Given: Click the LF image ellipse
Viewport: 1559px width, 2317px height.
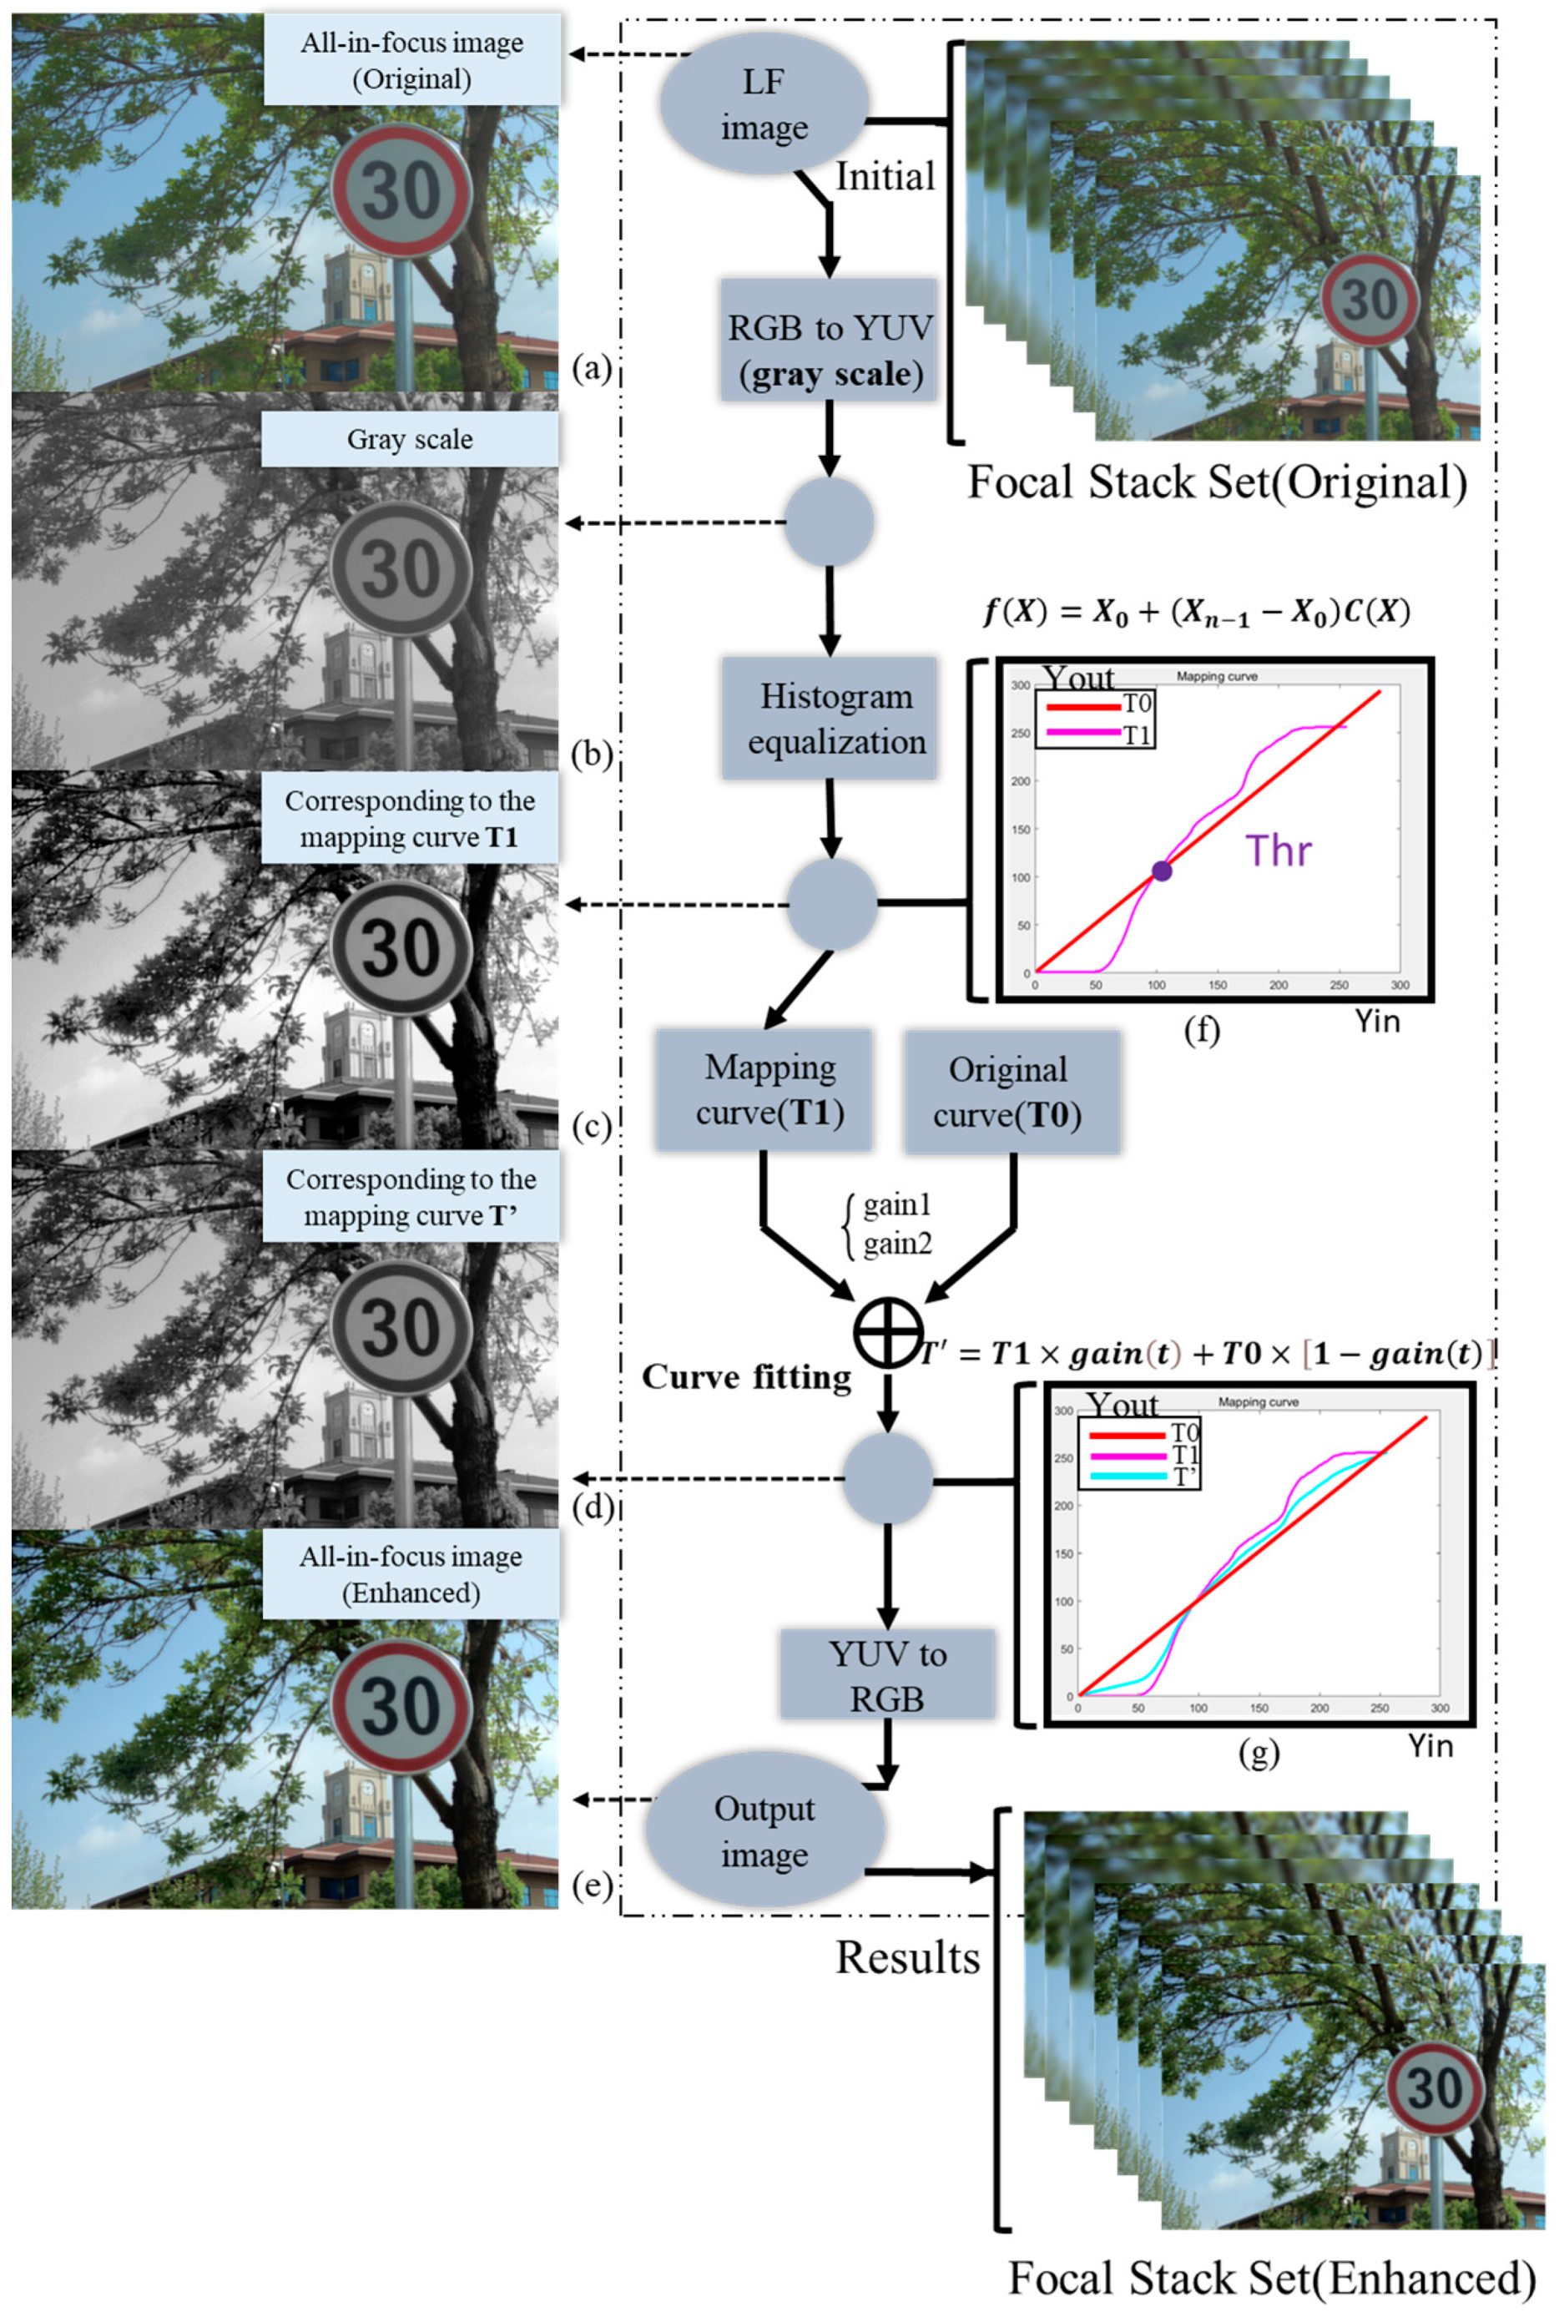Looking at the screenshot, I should [x=764, y=103].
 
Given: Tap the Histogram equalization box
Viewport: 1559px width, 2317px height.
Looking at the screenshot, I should [x=830, y=717].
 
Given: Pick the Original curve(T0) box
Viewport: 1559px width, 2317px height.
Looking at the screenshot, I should [x=1012, y=1091].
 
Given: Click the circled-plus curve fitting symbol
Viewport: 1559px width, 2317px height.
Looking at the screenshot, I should [x=887, y=1331].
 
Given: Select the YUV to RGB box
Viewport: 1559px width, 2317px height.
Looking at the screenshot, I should [x=887, y=1676].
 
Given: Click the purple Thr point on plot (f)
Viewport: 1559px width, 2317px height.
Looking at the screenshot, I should [x=1161, y=871].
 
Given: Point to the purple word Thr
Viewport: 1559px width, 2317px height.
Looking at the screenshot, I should [x=1278, y=851].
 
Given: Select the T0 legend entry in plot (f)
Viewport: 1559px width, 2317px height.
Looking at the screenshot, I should [x=1098, y=705].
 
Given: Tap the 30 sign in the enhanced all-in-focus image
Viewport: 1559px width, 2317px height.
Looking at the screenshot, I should [x=401, y=1706].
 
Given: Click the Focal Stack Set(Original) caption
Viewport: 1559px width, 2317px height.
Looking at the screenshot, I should [x=1217, y=483].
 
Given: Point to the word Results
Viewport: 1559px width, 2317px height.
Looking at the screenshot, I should [x=906, y=1957].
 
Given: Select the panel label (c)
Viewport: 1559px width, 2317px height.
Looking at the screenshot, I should [x=592, y=1127].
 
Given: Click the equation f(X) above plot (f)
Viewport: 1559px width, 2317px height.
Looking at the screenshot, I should [x=1197, y=612].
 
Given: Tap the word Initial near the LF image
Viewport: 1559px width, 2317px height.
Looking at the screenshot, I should [x=885, y=177].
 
